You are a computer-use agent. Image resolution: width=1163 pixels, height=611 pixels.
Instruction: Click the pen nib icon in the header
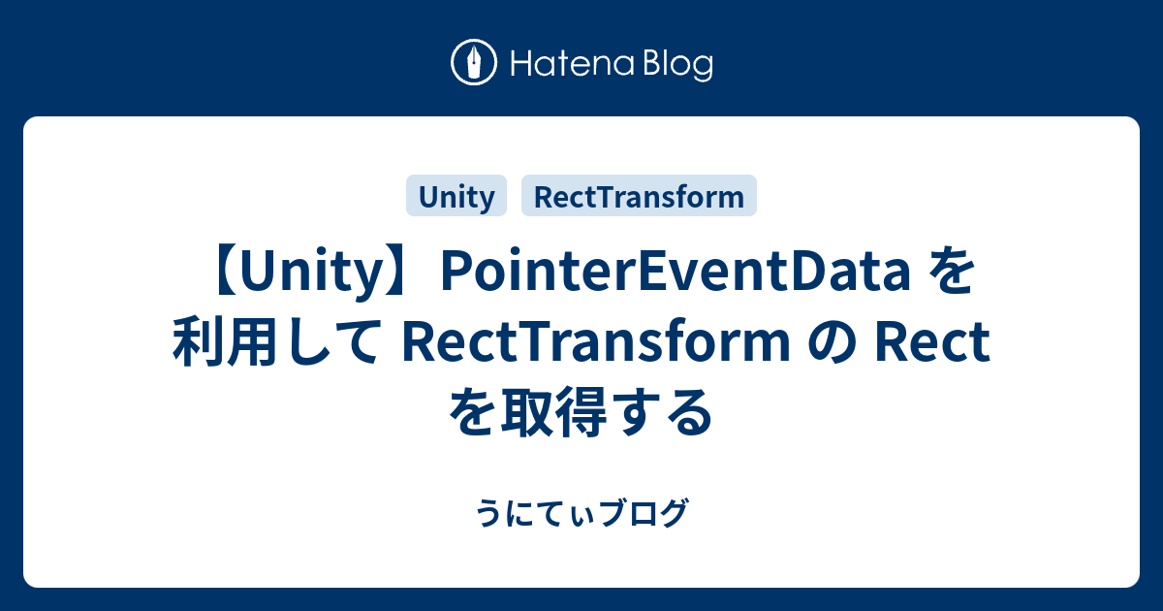pyautogui.click(x=475, y=64)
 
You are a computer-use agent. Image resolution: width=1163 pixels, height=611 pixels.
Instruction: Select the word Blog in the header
pyautogui.click(x=675, y=66)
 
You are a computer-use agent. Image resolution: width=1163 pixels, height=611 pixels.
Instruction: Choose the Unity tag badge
pyautogui.click(x=456, y=197)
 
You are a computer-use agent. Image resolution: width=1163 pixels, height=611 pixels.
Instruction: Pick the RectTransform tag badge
pyautogui.click(x=640, y=197)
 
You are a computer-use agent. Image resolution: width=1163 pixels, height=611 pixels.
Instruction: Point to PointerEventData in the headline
pyautogui.click(x=673, y=275)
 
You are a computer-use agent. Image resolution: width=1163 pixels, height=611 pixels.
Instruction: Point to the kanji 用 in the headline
pyautogui.click(x=243, y=345)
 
